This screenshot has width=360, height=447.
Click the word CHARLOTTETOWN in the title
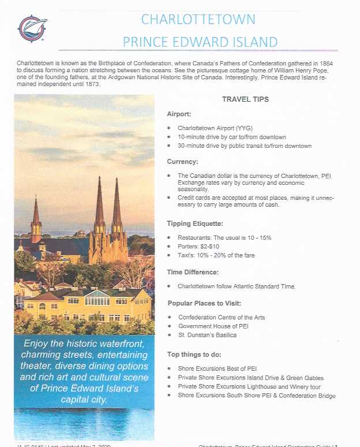click(x=198, y=20)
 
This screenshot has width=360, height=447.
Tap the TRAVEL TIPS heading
click(x=245, y=99)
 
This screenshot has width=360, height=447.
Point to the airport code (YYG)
click(x=242, y=128)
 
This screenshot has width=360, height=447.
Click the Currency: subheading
click(x=182, y=162)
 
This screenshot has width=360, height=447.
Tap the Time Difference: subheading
click(x=193, y=271)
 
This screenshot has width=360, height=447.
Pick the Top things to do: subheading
click(x=194, y=354)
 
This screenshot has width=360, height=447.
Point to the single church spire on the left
click(x=37, y=214)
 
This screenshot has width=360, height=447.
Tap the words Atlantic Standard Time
click(x=262, y=286)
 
